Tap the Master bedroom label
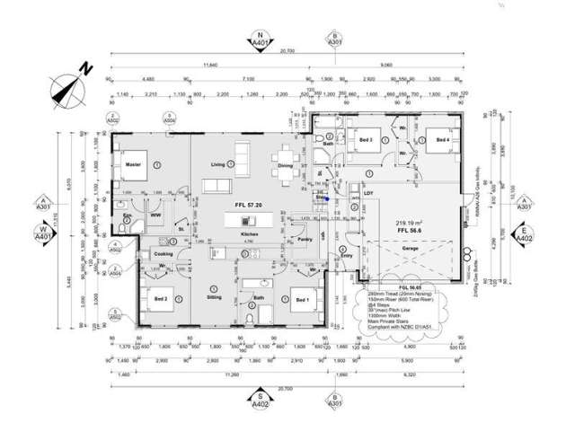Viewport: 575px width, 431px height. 133,164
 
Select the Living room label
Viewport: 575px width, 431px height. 217,164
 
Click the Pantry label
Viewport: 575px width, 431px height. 304,240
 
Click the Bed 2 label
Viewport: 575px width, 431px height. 161,297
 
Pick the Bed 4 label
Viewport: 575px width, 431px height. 442,140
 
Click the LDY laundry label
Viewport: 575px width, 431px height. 367,191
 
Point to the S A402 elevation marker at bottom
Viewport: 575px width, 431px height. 260,399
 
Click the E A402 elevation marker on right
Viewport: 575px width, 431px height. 524,234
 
